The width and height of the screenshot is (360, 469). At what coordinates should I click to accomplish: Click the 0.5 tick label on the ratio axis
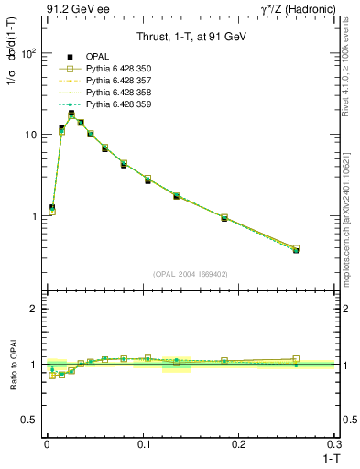[30, 420]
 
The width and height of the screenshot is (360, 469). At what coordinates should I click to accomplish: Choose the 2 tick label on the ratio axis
[34, 309]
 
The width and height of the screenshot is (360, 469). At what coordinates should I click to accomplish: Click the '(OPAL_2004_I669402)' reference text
[190, 273]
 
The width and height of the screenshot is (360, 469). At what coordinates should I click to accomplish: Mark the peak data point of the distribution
[71, 114]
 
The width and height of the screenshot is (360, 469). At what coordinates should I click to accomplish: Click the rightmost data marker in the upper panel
[295, 249]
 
